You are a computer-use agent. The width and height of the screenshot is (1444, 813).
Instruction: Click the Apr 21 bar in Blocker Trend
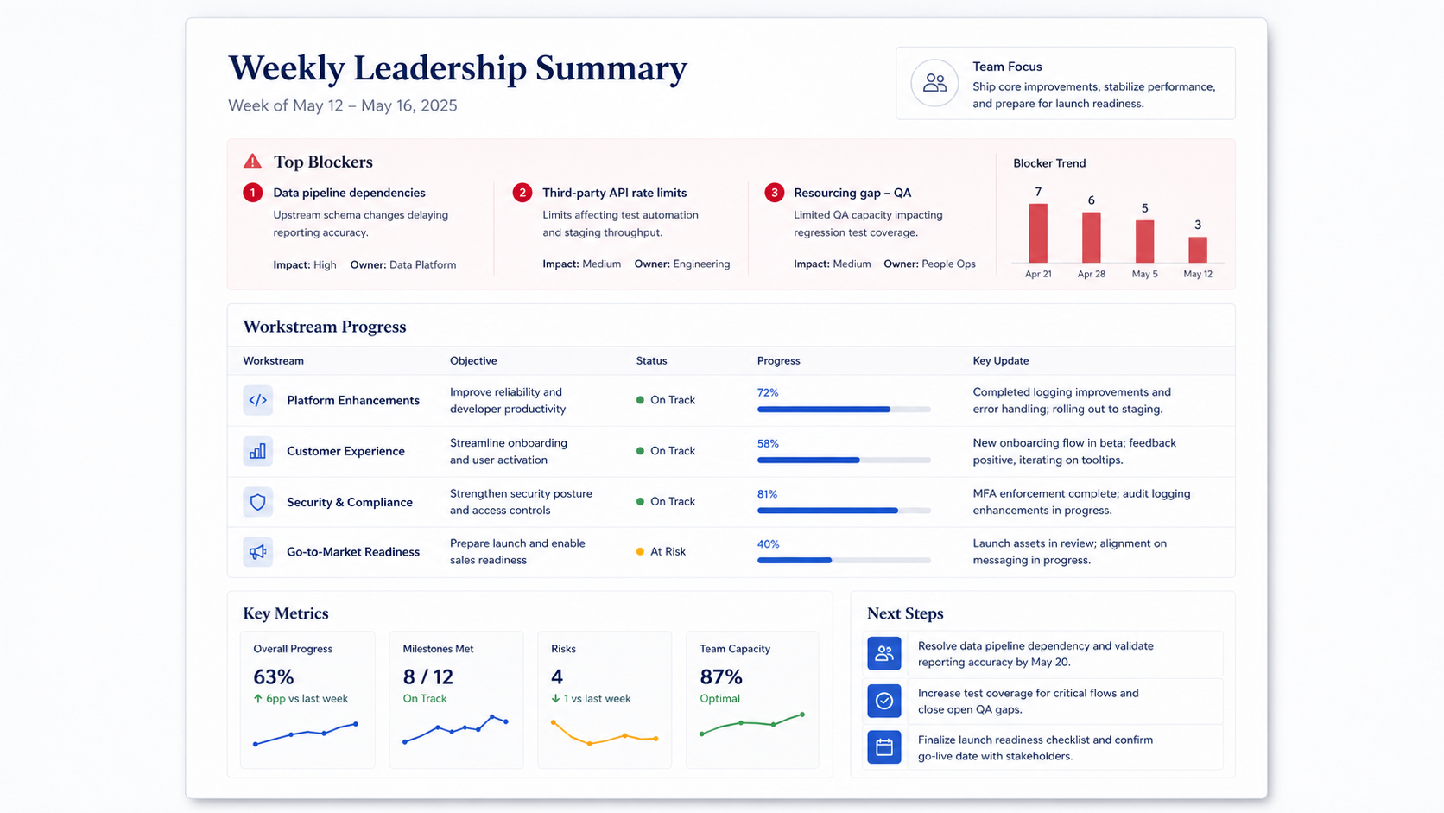(x=1038, y=232)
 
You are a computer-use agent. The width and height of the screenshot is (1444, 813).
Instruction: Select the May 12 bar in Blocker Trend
(x=1198, y=250)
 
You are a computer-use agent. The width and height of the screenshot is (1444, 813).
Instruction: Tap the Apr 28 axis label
(x=1092, y=274)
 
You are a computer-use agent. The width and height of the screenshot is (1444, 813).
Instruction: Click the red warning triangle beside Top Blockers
(x=252, y=162)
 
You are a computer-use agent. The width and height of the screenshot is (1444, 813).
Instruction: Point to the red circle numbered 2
(x=522, y=193)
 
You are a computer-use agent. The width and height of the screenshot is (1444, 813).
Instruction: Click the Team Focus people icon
(x=934, y=83)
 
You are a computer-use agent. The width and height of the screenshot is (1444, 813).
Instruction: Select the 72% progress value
(x=768, y=392)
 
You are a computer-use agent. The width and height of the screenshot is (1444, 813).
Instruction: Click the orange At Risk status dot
(x=640, y=551)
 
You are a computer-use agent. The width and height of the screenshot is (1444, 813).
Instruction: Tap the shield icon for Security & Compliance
(x=258, y=502)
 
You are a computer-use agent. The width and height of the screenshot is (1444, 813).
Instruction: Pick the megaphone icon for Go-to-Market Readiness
(x=258, y=552)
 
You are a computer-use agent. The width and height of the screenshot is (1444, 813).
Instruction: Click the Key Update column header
(x=1000, y=360)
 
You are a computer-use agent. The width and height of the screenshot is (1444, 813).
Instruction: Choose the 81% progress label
(x=767, y=494)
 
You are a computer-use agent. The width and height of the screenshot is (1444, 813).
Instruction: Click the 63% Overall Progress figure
(x=273, y=676)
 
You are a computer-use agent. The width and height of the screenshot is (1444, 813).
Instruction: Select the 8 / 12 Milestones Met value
(x=428, y=676)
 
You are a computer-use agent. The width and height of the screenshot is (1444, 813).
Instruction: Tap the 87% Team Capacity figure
(x=721, y=676)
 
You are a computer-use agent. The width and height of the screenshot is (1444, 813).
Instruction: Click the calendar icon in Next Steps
(x=884, y=747)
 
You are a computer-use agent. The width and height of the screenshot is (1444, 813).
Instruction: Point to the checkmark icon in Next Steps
(x=884, y=701)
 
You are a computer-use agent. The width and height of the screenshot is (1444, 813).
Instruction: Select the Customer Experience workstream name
(x=345, y=451)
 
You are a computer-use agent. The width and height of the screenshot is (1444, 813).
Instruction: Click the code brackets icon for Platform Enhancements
(x=258, y=400)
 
